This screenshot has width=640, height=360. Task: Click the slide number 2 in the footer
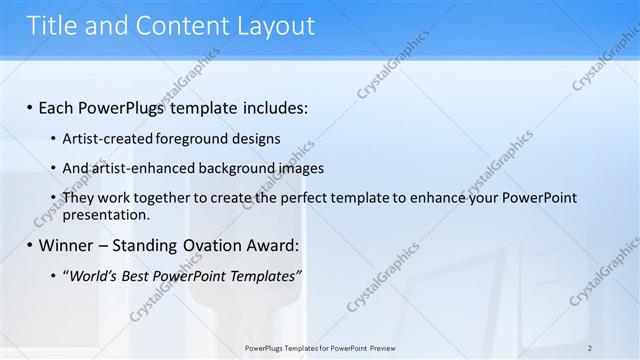coord(590,348)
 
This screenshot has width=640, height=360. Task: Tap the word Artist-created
coord(105,138)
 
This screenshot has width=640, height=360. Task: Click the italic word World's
coord(94,276)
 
